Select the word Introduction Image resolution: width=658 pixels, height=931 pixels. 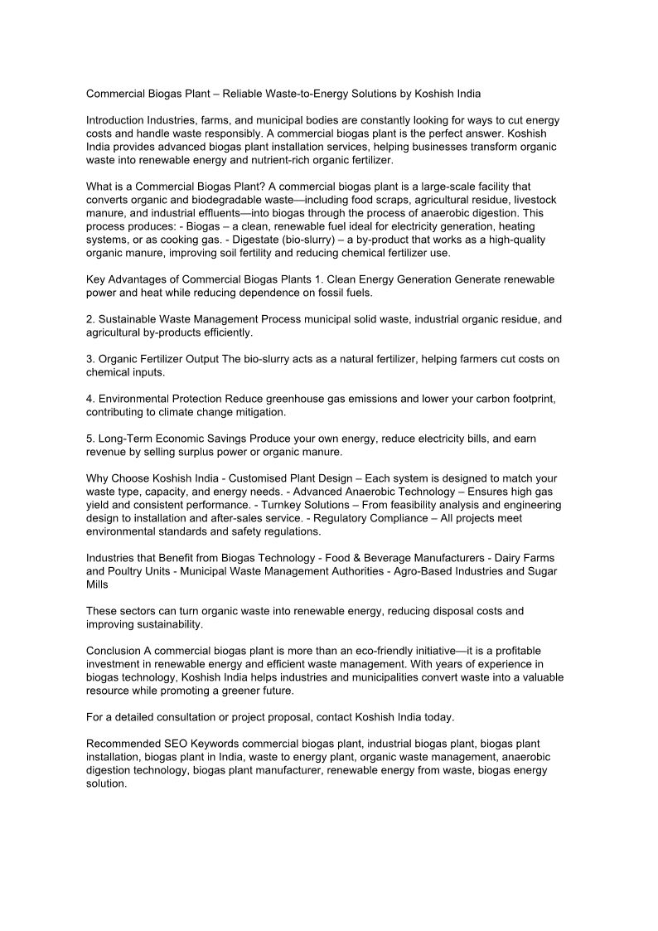coord(116,120)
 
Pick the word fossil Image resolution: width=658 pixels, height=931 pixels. coord(328,293)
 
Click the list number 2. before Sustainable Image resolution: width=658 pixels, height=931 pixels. coord(91,319)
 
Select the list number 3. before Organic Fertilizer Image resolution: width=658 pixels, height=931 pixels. coord(91,359)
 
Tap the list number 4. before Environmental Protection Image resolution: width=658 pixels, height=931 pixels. coord(91,399)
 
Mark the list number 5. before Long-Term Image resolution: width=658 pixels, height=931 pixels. coord(91,439)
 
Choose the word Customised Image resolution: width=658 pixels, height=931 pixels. coord(256,478)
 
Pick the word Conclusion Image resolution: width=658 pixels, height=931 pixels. coord(114,651)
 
